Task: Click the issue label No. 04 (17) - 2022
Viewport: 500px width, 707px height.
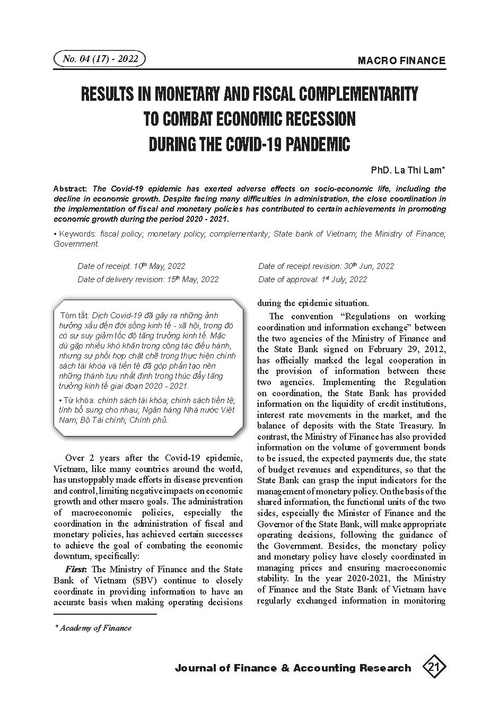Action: point(100,59)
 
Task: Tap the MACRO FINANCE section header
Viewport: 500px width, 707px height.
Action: point(401,60)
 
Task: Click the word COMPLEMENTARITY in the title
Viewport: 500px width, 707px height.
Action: point(358,94)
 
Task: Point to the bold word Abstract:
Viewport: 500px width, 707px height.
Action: point(71,189)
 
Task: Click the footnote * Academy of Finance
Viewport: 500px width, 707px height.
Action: point(93,628)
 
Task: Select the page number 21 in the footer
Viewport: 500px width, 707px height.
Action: point(434,667)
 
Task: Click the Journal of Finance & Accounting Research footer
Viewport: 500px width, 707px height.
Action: point(293,668)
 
